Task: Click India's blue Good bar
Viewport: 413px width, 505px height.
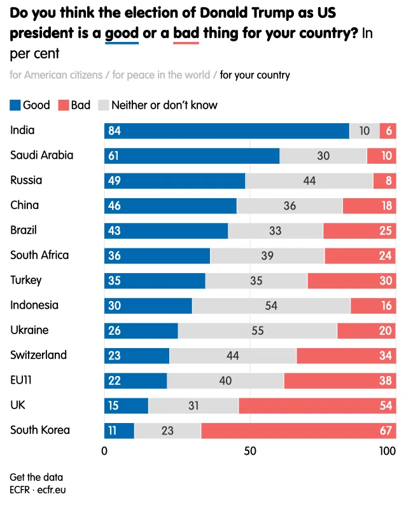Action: coord(227,131)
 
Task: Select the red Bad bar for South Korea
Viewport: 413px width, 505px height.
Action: coord(298,431)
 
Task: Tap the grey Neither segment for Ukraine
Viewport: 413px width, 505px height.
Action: coord(258,331)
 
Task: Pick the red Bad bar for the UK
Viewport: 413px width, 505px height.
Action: coord(317,405)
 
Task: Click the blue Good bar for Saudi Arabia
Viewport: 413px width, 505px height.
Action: coord(192,156)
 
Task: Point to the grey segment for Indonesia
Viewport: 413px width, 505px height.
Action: coord(271,306)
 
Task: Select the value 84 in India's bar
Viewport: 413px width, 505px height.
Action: coord(114,131)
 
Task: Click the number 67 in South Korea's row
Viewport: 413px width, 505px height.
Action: coord(386,431)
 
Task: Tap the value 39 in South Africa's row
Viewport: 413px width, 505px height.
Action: coord(267,256)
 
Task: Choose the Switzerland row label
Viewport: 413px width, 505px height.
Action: coord(38,355)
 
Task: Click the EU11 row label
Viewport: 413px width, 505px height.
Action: coord(21,380)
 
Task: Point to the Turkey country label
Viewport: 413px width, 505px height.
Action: coord(26,280)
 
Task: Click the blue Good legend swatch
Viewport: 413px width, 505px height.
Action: coord(15,105)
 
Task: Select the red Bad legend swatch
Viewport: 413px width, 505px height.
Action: coord(64,105)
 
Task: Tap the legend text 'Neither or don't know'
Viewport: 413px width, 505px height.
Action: coord(164,105)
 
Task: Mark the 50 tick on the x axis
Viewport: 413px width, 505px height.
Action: coord(250,451)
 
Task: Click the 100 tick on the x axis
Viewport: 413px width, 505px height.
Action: coord(387,451)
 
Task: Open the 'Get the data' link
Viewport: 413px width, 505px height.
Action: coord(36,477)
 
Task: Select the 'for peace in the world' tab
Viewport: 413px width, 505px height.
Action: coord(161,75)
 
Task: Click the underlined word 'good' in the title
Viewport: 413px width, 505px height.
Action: coord(122,34)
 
